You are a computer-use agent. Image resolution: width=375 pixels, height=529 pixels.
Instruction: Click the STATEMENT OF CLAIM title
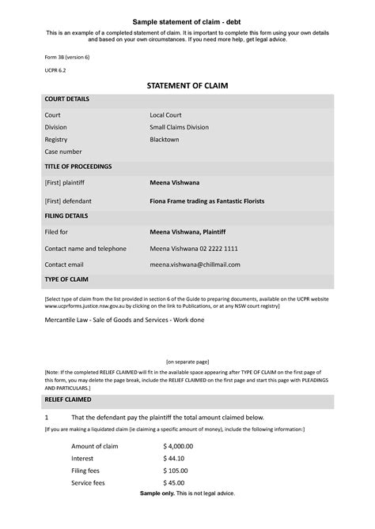coord(187,84)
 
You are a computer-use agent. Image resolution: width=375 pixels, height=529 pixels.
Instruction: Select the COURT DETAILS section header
coord(67,99)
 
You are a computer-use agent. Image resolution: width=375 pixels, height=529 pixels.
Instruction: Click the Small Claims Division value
coord(184,127)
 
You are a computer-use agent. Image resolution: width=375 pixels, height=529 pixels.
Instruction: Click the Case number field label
coord(63,152)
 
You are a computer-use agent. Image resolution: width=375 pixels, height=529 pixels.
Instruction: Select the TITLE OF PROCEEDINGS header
coord(78,167)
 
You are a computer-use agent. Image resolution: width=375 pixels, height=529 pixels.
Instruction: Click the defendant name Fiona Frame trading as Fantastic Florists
coord(207,201)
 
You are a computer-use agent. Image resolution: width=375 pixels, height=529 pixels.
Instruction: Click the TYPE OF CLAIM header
coord(67,280)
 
